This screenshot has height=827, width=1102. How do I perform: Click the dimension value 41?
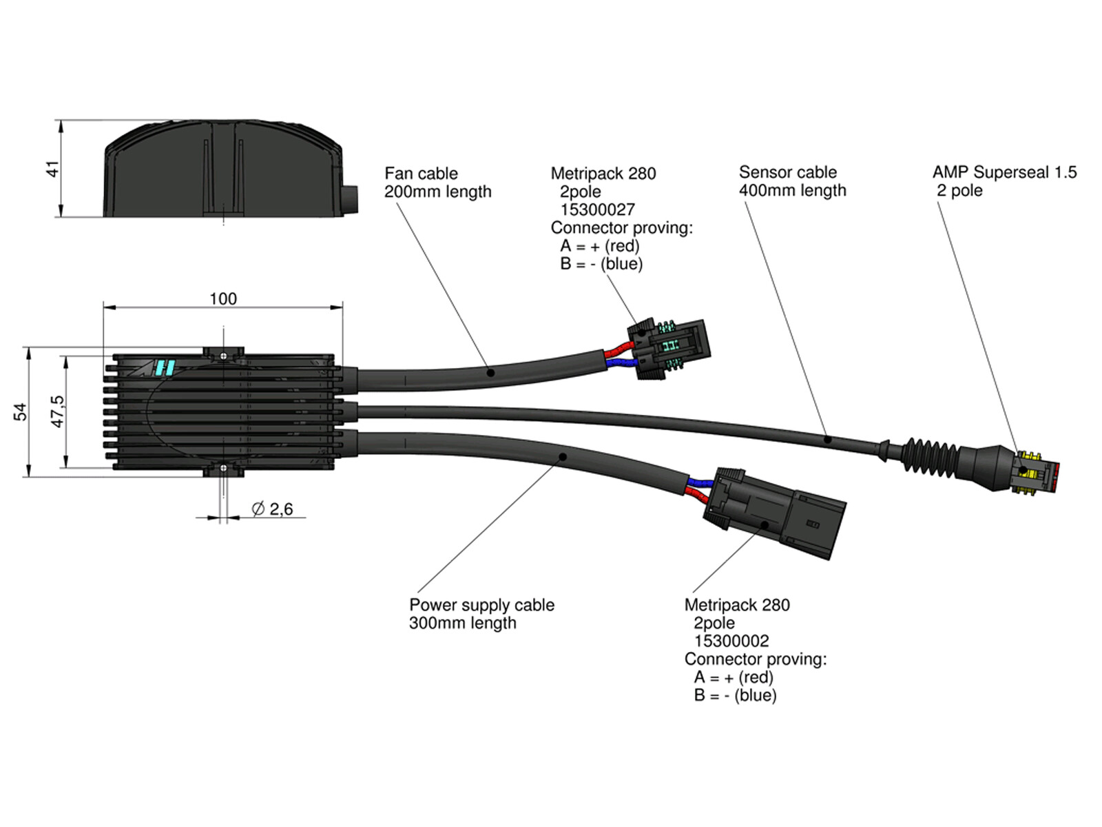pyautogui.click(x=53, y=169)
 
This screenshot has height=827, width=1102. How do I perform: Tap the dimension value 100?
pyautogui.click(x=223, y=299)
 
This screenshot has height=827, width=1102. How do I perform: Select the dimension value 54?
pyautogui.click(x=21, y=411)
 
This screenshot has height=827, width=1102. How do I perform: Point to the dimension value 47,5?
pyautogui.click(x=58, y=411)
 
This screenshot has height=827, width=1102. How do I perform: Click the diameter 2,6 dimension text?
pyautogui.click(x=272, y=509)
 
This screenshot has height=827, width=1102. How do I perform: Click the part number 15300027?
pyautogui.click(x=597, y=210)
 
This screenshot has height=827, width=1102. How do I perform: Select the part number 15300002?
pyautogui.click(x=731, y=641)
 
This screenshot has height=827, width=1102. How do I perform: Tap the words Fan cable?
pyautogui.click(x=422, y=174)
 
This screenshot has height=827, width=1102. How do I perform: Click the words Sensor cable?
pyautogui.click(x=788, y=172)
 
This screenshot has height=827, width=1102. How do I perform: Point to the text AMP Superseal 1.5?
pyautogui.click(x=1005, y=172)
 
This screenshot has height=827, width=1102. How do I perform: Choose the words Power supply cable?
pyautogui.click(x=482, y=605)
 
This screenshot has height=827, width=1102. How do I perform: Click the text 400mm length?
pyautogui.click(x=793, y=190)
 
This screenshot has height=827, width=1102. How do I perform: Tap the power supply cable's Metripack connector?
pyautogui.click(x=774, y=513)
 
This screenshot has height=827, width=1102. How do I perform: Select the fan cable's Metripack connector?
pyautogui.click(x=669, y=349)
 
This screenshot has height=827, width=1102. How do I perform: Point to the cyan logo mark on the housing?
pyautogui.click(x=165, y=367)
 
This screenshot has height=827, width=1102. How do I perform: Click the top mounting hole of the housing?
pyautogui.click(x=223, y=356)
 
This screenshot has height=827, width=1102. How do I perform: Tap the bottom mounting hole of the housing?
pyautogui.click(x=223, y=468)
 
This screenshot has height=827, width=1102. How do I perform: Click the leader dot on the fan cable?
pyautogui.click(x=490, y=373)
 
